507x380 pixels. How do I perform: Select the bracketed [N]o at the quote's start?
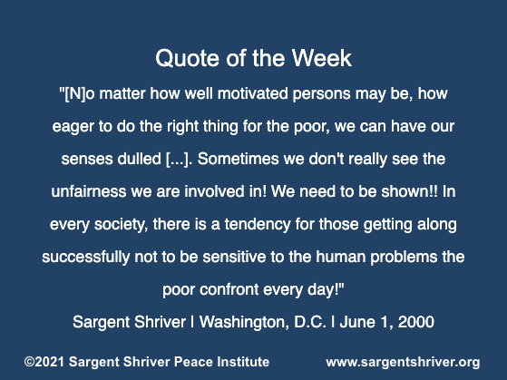coord(77,94)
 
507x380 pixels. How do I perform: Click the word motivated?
coord(252,93)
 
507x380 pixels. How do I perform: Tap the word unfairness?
coord(89,191)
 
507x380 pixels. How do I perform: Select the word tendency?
coord(258,224)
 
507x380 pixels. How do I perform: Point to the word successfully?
coord(85,258)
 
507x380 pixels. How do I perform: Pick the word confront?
coord(229,290)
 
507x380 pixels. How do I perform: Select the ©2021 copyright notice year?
coord(44,362)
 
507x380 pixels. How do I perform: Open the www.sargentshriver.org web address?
coord(403,363)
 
